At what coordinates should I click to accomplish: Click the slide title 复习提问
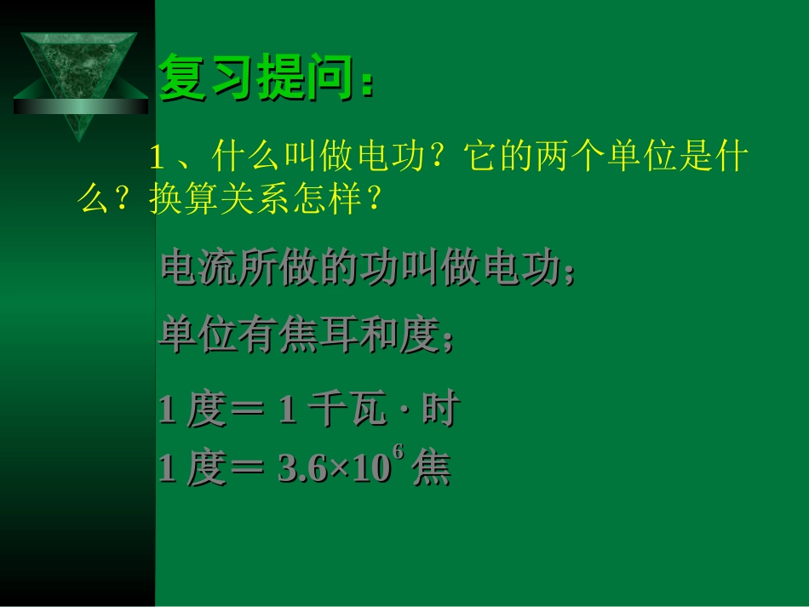click(255, 78)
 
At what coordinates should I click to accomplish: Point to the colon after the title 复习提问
click(366, 83)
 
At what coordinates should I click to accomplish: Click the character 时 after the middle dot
click(439, 411)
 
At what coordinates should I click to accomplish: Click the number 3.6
click(297, 470)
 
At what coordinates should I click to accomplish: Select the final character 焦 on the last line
click(431, 470)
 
